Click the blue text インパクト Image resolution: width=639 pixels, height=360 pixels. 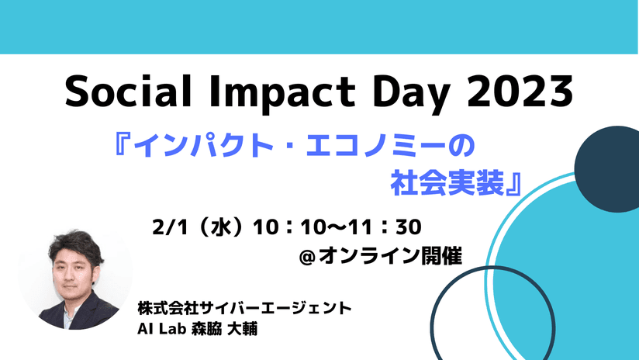203,147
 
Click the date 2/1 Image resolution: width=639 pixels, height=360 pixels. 170,227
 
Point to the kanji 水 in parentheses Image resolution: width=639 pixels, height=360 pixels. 219,227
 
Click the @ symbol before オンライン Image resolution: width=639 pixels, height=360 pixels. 307,258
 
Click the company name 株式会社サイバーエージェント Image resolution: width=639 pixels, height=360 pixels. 244,308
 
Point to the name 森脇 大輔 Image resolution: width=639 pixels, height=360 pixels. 224,329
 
